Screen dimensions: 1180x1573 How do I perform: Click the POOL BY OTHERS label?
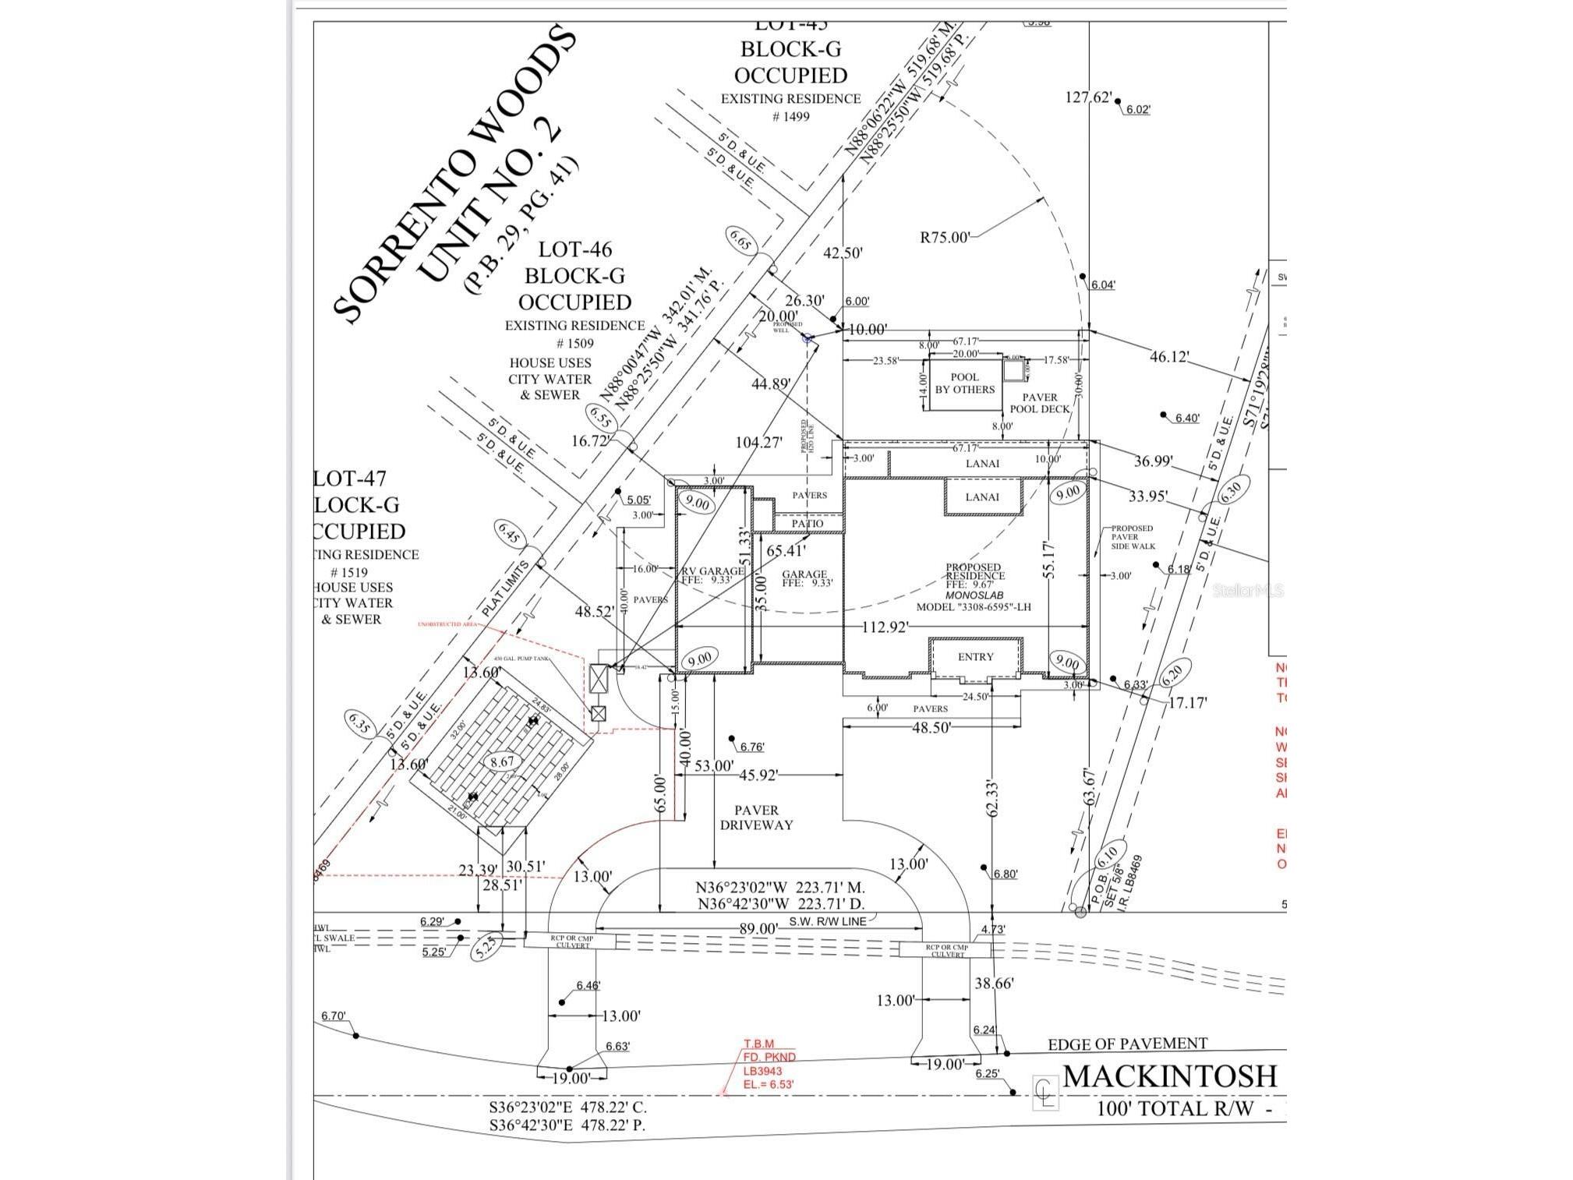964,383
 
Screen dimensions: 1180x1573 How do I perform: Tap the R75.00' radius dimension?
945,237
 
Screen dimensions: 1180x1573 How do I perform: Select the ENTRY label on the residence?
975,657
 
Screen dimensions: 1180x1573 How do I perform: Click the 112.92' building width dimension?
885,627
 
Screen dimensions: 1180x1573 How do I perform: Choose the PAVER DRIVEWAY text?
755,818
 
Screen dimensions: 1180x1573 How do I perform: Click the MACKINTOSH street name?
1169,1076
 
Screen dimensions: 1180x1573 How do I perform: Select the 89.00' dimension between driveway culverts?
758,929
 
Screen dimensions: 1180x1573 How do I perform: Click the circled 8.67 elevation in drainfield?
502,762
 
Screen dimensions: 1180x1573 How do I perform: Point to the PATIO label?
808,524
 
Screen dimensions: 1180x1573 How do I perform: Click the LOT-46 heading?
575,249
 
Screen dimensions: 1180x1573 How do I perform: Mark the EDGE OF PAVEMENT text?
1127,1044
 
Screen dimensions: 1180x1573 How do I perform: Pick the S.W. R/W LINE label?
827,920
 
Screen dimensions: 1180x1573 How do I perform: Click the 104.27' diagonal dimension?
758,443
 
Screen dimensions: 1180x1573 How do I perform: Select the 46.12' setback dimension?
1169,357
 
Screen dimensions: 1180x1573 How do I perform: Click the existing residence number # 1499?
790,117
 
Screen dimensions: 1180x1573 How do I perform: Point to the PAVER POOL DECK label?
1040,403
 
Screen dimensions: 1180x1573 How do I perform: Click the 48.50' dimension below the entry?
931,727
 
